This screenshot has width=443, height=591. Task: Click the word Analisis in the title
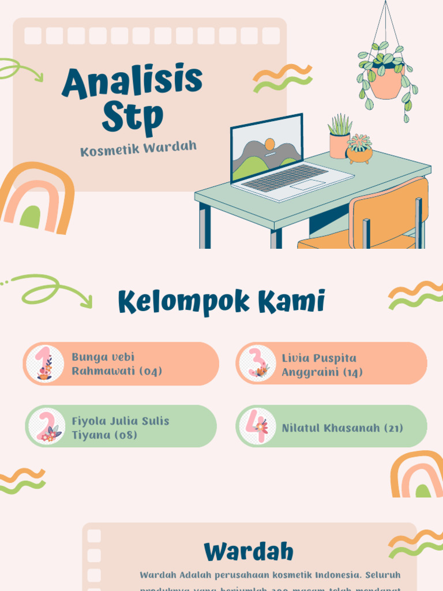coord(132,81)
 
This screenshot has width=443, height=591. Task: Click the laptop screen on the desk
coord(266,147)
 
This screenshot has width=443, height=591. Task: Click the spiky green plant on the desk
coord(340,125)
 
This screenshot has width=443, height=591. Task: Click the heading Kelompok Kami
coord(221,301)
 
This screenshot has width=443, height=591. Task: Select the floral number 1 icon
coord(44,364)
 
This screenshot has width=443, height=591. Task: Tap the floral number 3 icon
coord(257,364)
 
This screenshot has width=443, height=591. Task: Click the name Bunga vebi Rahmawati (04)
coord(117,364)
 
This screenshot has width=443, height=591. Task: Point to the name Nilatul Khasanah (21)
coord(343,428)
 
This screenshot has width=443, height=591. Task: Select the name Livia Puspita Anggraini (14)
coord(322,365)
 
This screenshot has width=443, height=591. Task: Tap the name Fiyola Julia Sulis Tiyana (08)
coord(120,428)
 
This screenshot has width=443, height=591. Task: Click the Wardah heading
coord(249,552)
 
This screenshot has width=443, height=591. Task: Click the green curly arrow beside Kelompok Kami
coord(55,289)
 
